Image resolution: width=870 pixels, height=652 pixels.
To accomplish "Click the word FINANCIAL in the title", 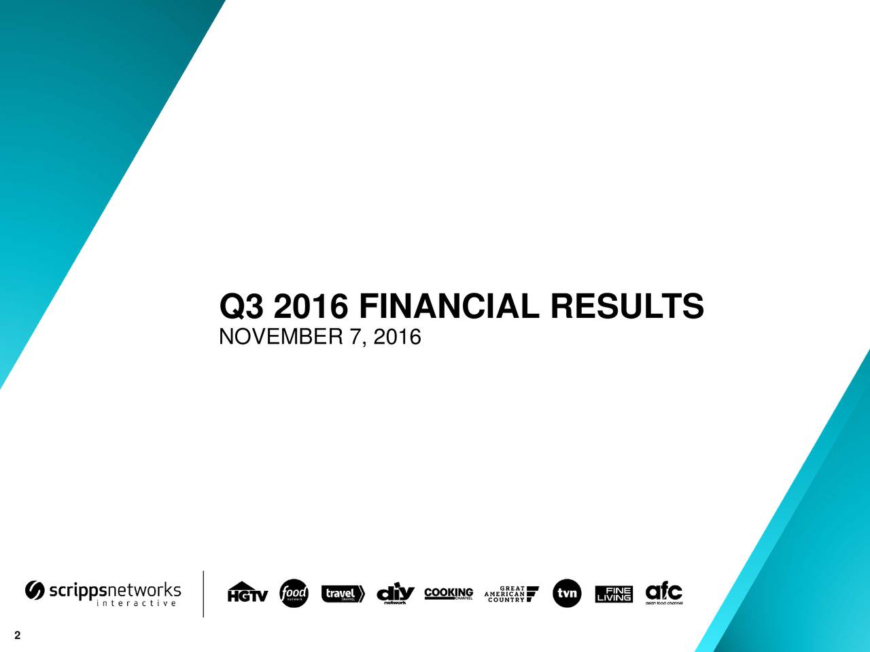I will (x=450, y=306).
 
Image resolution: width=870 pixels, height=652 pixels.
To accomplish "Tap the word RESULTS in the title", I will (x=627, y=306).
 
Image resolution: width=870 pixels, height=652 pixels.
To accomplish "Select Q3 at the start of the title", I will (x=241, y=308).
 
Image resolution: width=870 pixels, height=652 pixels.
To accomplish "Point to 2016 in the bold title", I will (x=310, y=306).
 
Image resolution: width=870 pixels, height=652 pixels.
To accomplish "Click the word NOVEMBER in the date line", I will (x=282, y=336).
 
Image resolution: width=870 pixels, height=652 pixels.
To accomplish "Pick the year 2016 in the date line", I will (x=397, y=336).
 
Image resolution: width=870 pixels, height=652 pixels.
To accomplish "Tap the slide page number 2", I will (x=16, y=636).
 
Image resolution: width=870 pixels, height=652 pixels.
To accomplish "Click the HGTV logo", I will (x=247, y=593).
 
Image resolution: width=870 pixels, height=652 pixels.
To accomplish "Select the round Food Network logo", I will (x=294, y=594).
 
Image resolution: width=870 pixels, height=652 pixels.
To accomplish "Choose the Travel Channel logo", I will (x=343, y=594).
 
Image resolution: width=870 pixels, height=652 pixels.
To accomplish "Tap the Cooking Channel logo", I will (x=449, y=594).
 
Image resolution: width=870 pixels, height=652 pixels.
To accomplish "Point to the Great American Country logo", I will (x=511, y=594).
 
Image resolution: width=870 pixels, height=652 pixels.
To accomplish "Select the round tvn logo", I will (x=567, y=594).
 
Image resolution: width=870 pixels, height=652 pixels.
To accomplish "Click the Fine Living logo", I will (x=614, y=594).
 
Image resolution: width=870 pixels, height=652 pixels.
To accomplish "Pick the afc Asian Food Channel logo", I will (x=663, y=593).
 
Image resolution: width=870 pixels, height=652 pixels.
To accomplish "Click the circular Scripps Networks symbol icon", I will (x=35, y=591).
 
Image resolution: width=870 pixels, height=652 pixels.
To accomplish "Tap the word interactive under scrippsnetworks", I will (x=137, y=603).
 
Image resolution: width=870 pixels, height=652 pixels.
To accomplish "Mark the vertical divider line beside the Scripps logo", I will (x=203, y=594).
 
